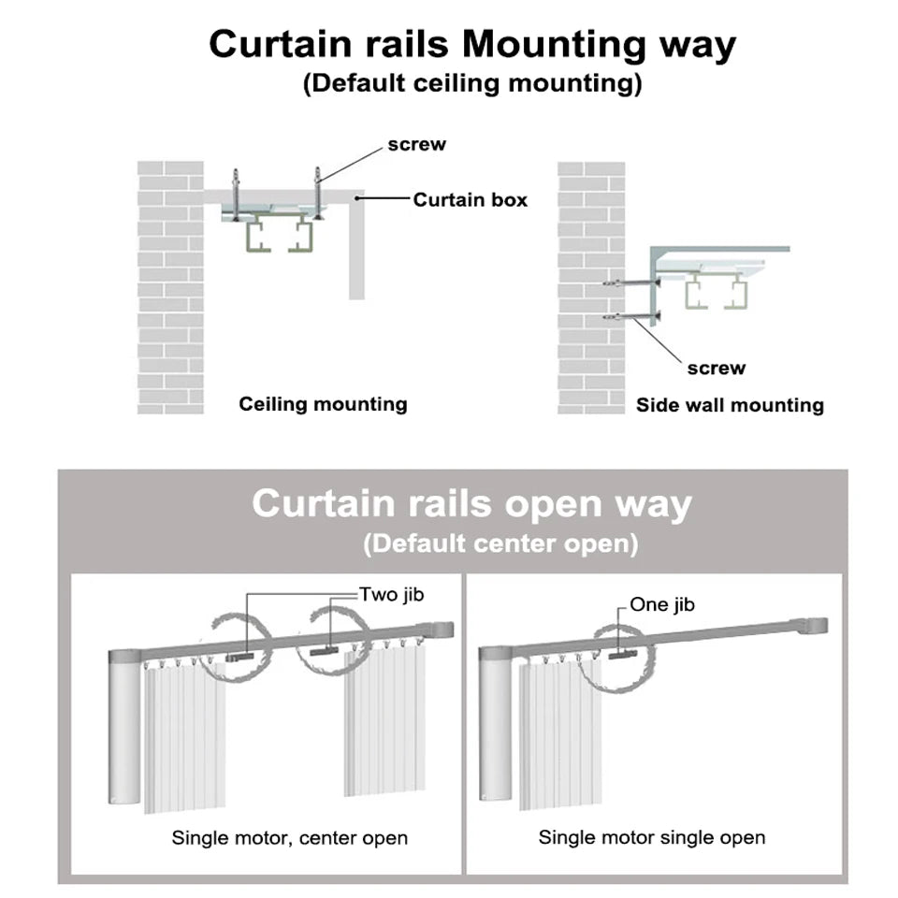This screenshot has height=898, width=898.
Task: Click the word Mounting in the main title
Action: click(x=552, y=45)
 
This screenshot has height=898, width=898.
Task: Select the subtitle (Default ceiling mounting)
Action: click(x=472, y=83)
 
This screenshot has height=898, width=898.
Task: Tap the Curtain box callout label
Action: click(x=470, y=199)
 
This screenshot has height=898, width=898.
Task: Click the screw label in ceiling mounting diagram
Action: click(x=416, y=145)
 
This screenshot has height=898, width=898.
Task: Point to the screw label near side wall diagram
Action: click(x=716, y=369)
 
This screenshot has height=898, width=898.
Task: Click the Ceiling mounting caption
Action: click(x=323, y=404)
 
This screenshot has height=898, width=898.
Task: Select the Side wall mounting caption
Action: click(x=730, y=405)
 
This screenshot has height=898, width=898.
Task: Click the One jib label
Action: click(x=661, y=604)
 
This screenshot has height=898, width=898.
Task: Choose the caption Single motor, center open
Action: click(x=289, y=837)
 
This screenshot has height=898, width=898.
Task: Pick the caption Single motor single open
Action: click(x=651, y=837)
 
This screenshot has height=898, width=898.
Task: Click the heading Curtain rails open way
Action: click(x=471, y=504)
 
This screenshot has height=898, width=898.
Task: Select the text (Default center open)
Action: click(x=500, y=543)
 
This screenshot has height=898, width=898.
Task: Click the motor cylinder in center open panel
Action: click(x=123, y=730)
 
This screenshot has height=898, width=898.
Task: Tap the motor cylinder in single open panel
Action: click(x=496, y=730)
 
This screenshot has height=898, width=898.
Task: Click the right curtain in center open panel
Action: click(x=384, y=720)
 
